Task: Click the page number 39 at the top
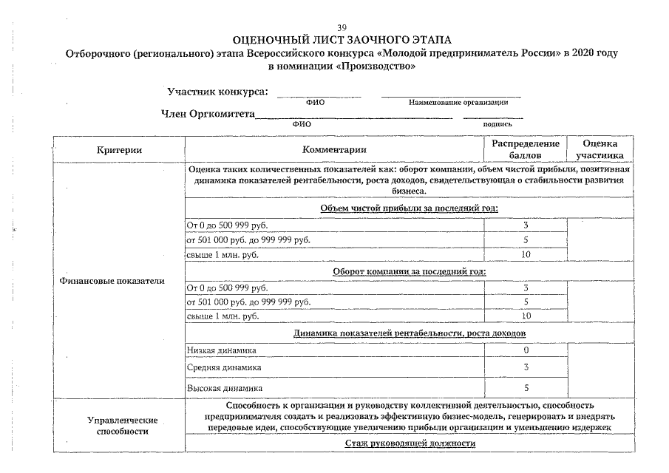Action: pos(342,27)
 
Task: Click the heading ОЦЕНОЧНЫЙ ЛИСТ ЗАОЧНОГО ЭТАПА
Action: pos(341,40)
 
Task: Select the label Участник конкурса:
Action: pos(218,92)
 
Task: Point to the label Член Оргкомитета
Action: pos(208,114)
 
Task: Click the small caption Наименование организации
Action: pos(458,102)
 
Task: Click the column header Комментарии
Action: pos(334,150)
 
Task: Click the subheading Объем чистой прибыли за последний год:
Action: pos(410,208)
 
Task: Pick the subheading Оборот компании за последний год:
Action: pos(410,271)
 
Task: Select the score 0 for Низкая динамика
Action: pos(526,350)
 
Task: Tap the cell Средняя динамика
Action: pos(224,367)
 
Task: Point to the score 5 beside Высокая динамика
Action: pos(526,387)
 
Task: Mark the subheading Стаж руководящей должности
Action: pos(410,443)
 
